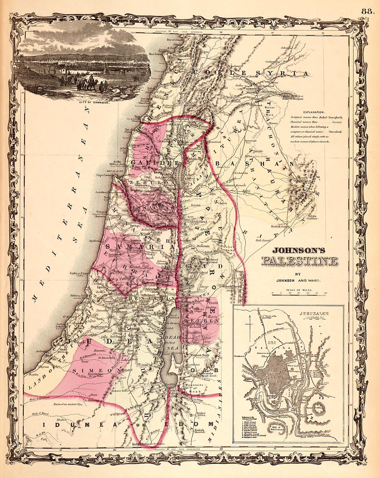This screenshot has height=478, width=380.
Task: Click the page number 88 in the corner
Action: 368,11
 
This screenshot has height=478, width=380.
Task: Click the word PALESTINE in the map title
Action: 299,261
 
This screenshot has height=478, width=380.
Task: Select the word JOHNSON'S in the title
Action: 299,251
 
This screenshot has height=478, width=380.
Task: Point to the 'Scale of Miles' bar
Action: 299,293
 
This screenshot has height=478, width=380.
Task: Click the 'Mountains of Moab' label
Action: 193,387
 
